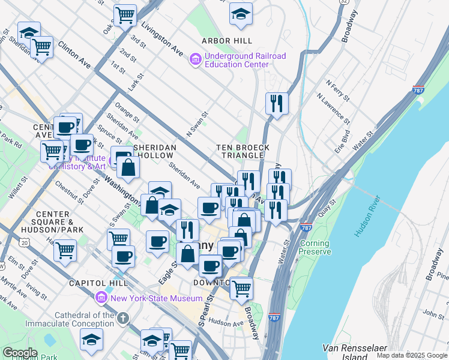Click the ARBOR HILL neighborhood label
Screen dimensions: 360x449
pos(227,41)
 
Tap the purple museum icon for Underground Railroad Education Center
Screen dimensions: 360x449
pos(195,60)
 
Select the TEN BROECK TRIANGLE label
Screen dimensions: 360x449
pos(243,151)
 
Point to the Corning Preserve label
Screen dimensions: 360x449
pos(315,248)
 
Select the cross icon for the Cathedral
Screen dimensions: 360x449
pos(123,319)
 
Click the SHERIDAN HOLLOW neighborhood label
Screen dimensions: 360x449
pos(155,151)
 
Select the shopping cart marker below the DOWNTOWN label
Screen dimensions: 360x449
pos(241,289)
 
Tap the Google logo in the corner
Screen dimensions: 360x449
pos(20,353)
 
